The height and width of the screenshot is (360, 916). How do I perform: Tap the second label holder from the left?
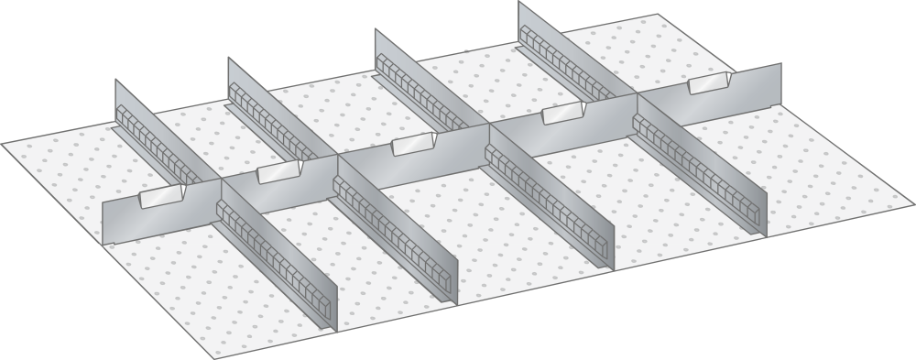point(279,171)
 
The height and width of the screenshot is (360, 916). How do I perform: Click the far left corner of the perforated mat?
point(4,144)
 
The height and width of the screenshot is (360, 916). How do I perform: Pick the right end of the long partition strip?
point(780,81)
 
